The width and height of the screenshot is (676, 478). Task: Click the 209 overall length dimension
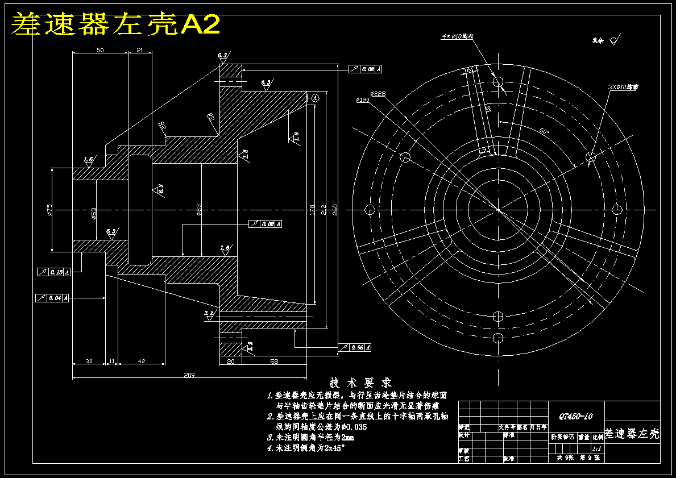pos(190,375)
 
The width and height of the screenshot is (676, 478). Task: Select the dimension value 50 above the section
pos(100,51)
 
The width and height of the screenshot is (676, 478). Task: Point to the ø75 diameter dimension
pos(50,210)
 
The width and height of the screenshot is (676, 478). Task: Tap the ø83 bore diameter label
pos(199,210)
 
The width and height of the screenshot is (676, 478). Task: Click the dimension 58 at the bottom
pos(274,361)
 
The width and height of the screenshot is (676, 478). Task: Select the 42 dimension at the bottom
pos(142,361)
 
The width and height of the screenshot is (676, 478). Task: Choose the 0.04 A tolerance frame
pos(52,298)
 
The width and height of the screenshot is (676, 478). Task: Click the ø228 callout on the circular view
pos(378,94)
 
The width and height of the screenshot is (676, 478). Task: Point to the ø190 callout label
pos(363,100)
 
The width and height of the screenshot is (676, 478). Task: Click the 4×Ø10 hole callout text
pos(458,36)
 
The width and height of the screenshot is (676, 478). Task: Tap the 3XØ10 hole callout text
pos(623,87)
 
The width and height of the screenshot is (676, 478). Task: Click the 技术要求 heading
pos(361,383)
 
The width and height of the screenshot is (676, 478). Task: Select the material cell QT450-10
pos(575,417)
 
